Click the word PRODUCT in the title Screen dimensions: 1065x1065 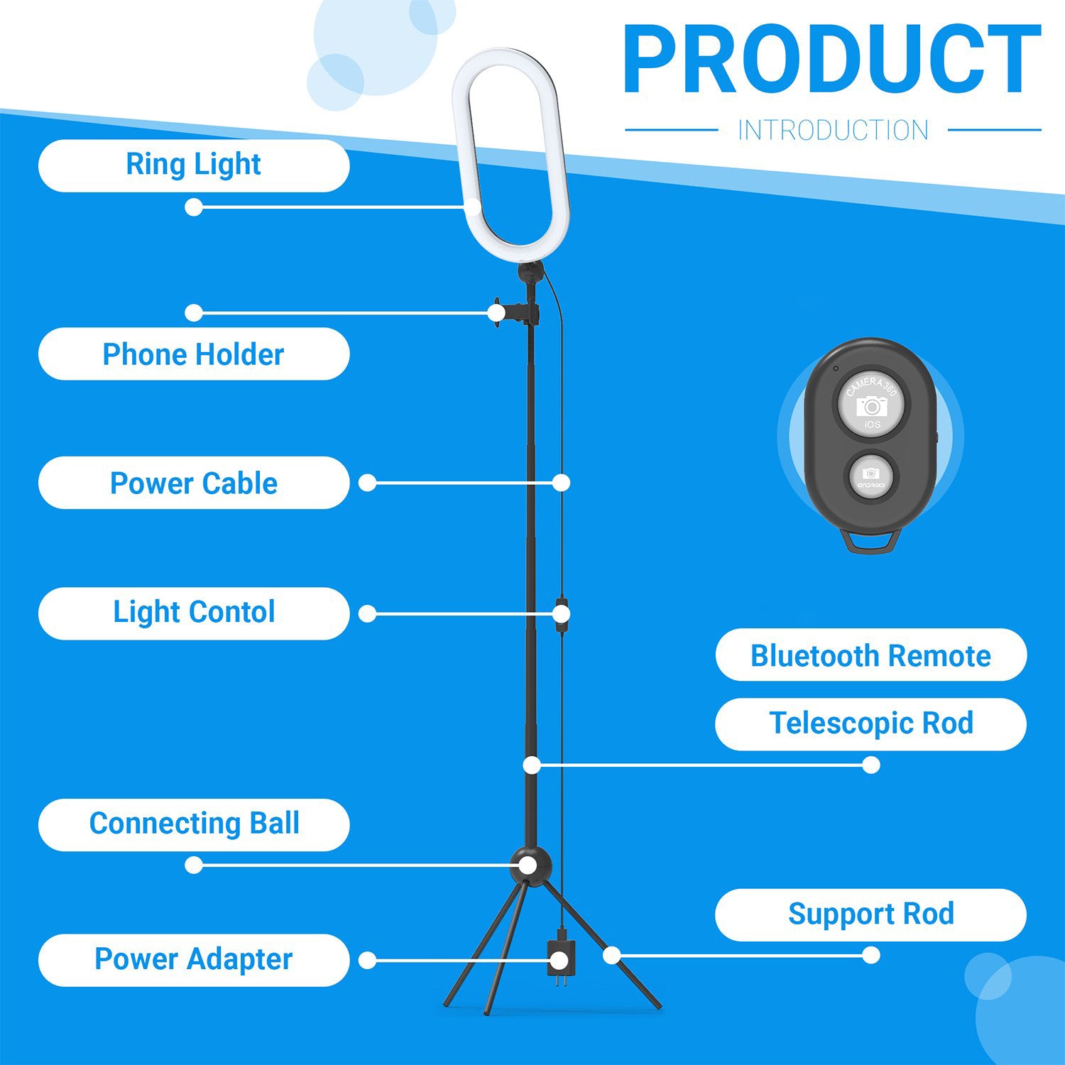[x=832, y=60]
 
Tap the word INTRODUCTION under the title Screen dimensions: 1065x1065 [x=833, y=131]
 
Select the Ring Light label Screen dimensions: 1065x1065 [x=194, y=165]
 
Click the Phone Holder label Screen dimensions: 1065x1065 [x=194, y=354]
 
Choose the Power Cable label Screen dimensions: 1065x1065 [x=194, y=483]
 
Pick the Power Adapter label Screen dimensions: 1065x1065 [x=194, y=960]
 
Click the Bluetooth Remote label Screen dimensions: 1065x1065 [x=871, y=655]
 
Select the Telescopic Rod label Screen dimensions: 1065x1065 [x=871, y=724]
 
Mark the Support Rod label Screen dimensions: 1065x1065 [x=871, y=915]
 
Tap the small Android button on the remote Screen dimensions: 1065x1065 [x=871, y=476]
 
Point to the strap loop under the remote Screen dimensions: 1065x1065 [x=871, y=541]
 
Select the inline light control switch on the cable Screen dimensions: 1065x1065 [x=562, y=612]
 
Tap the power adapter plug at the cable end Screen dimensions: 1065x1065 [x=559, y=961]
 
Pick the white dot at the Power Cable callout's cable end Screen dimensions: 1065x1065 [x=561, y=483]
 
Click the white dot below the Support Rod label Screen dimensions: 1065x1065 [x=871, y=956]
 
